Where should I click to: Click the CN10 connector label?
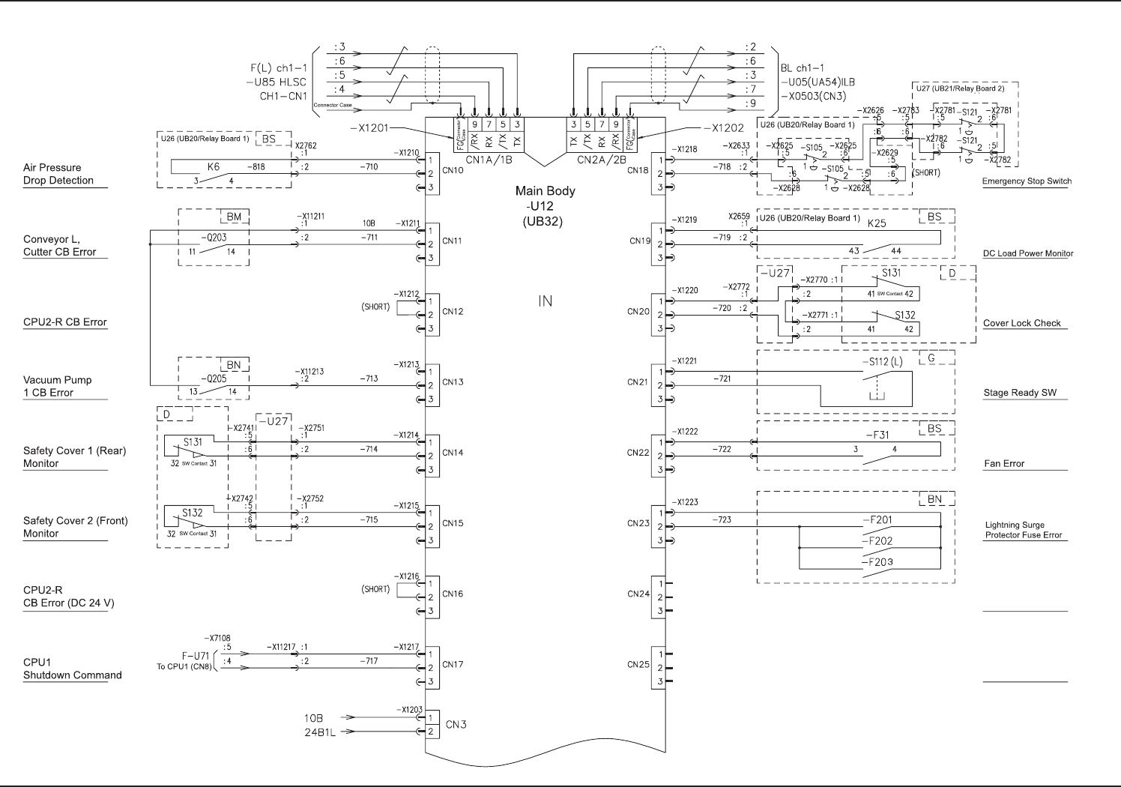(453, 170)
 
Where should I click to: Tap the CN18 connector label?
(638, 170)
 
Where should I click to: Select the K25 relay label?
(877, 223)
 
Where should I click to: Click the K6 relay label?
(214, 167)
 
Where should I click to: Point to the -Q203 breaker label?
(214, 238)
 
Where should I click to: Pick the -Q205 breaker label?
(214, 379)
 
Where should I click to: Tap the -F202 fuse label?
(877, 540)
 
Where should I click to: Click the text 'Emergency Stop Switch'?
(1027, 181)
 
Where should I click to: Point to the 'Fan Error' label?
(1003, 464)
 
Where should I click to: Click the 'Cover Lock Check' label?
(1022, 323)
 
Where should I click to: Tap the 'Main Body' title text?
(545, 191)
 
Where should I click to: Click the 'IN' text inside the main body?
(545, 301)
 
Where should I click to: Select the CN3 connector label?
(456, 725)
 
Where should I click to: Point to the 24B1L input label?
(319, 732)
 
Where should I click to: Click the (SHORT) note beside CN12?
(375, 307)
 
